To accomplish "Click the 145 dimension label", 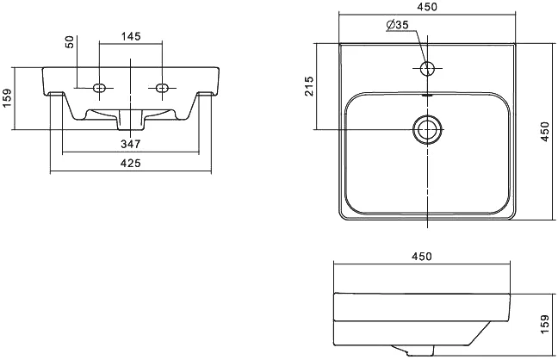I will click(130, 36).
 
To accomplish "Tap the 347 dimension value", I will click(130, 144).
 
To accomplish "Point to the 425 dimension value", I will click(130, 163).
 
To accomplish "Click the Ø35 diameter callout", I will click(397, 24).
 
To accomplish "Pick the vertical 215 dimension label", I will click(310, 86).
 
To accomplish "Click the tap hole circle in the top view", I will click(427, 66).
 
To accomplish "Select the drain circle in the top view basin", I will click(426, 129).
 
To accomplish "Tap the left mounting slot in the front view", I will click(100, 87).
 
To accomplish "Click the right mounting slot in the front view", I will click(160, 87).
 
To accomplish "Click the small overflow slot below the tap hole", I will click(427, 93).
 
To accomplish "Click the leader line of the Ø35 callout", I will click(419, 43).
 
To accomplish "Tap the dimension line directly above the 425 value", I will click(130, 171).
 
